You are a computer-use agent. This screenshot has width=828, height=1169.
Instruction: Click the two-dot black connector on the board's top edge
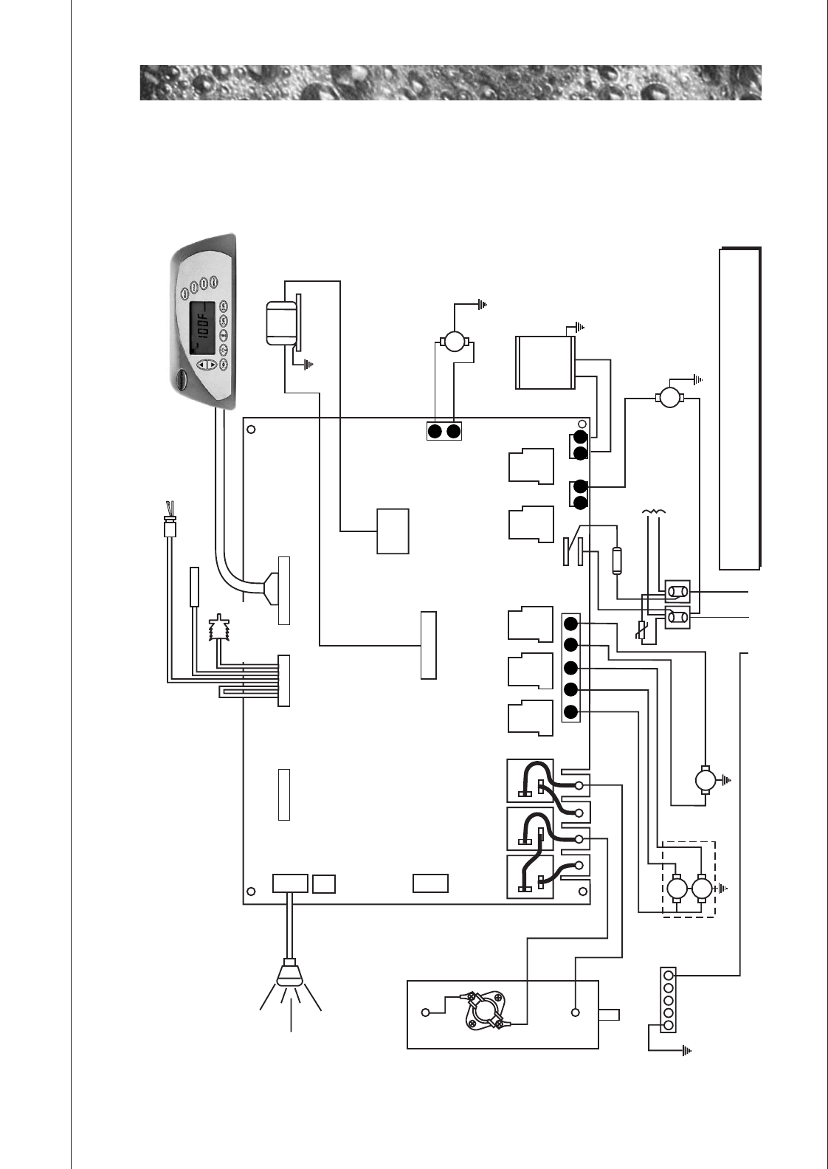coord(444,430)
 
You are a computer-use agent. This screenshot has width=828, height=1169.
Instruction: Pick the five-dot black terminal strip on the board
coord(570,668)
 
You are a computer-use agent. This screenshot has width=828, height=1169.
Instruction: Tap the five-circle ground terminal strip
coord(669,1000)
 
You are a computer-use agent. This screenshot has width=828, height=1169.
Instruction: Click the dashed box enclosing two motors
coord(689,879)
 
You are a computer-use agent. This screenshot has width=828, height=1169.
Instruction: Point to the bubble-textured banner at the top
coord(450,83)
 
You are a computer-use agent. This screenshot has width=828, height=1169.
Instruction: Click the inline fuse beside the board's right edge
coord(618,560)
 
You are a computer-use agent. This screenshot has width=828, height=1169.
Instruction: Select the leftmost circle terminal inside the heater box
coord(425,1013)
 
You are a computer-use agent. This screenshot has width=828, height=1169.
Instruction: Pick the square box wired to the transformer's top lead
coord(393,531)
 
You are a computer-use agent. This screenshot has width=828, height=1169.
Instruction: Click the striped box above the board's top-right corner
coord(545,362)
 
